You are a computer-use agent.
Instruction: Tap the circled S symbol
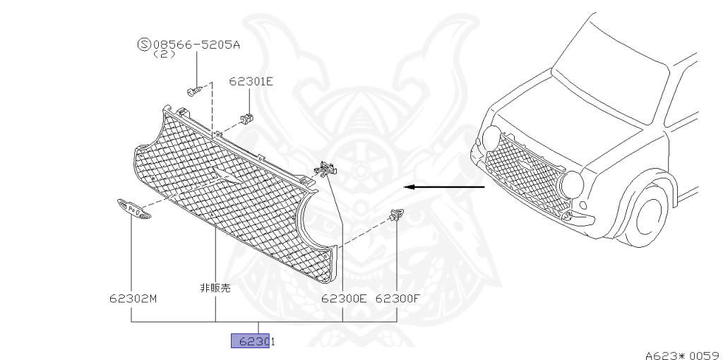click(x=144, y=44)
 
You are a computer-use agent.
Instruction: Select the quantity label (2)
click(x=164, y=54)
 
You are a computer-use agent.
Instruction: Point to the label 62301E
click(x=251, y=81)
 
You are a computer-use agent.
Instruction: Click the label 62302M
click(x=133, y=298)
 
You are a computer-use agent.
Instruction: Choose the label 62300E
click(x=344, y=298)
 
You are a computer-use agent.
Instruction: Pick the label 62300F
click(x=398, y=298)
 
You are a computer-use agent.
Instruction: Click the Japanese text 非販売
click(x=215, y=288)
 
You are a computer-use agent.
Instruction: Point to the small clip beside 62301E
click(x=247, y=116)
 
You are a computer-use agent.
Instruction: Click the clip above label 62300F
click(x=397, y=213)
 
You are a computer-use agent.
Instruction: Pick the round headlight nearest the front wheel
click(x=570, y=186)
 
